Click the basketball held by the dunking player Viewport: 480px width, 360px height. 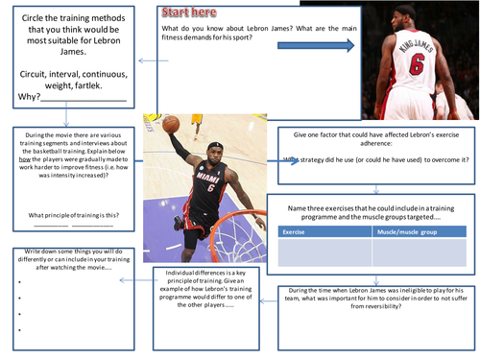tap(172, 124)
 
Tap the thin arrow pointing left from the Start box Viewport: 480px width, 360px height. tap(147, 61)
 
